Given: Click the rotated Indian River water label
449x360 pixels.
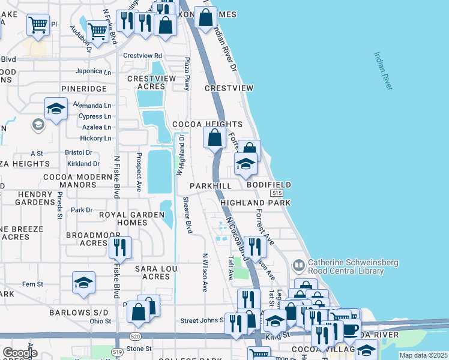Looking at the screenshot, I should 383,71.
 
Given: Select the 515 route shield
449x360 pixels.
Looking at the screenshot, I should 276,194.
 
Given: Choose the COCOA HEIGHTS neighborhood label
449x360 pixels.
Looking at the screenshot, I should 207,124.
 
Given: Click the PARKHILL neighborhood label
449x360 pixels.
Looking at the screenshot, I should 211,187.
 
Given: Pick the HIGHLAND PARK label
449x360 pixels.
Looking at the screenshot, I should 255,203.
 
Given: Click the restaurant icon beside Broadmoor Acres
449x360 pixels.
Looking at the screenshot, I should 120,247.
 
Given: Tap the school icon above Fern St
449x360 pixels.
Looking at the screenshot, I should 83,282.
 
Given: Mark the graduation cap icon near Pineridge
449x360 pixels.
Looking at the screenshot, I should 56,109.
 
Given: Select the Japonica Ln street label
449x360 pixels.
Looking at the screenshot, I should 94,72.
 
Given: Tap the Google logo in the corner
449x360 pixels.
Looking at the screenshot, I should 20,353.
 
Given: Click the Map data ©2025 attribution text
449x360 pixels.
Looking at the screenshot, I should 423,355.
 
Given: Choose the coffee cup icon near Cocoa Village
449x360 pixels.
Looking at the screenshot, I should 350,329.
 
